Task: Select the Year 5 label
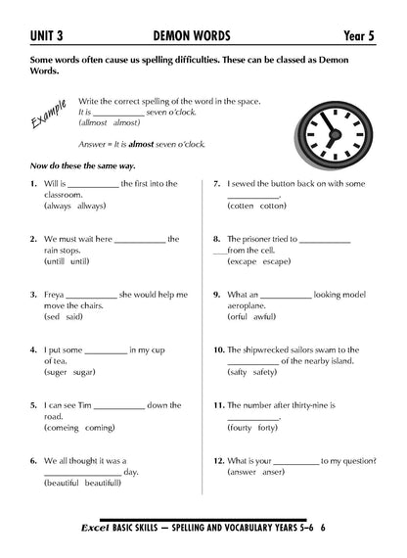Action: (x=366, y=36)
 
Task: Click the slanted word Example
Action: (x=47, y=116)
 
